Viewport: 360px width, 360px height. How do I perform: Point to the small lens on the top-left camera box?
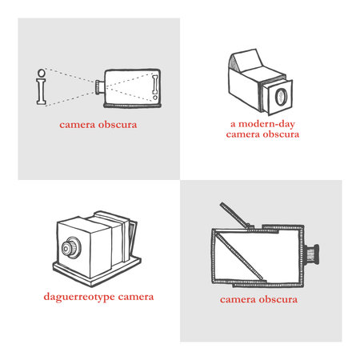98,85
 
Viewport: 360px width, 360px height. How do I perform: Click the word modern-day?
266,125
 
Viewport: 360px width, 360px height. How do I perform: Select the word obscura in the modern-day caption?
278,135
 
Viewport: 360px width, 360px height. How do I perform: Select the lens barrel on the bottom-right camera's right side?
314,254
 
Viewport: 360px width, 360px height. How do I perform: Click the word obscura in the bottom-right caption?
278,300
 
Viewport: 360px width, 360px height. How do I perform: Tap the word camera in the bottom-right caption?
239,300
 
